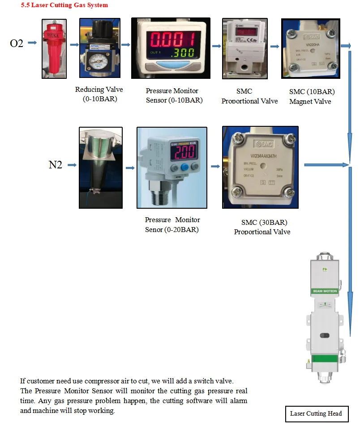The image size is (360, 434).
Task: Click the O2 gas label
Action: click(17, 43)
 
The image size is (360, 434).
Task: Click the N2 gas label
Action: click(55, 165)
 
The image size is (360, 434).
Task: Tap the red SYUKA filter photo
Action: click(54, 48)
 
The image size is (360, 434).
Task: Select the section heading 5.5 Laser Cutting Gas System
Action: click(64, 5)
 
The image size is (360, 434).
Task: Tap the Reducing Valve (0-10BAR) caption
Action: click(99, 94)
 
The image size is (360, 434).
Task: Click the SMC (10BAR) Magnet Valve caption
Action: click(312, 96)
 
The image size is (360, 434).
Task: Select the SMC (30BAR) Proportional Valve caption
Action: click(263, 227)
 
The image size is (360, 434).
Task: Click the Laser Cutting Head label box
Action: click(316, 413)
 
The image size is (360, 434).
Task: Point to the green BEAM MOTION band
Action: click(324, 291)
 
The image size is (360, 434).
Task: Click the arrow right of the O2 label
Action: click(32, 43)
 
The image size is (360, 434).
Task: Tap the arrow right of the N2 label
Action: click(72, 165)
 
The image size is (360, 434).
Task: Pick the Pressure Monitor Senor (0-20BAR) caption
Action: click(172, 224)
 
